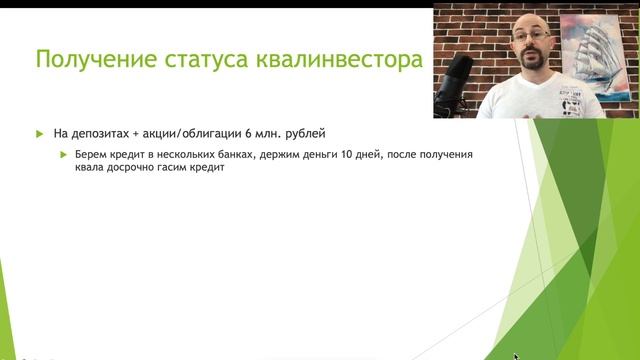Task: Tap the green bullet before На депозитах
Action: pyautogui.click(x=40, y=134)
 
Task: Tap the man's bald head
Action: pyautogui.click(x=529, y=20)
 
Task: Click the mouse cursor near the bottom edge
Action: pyautogui.click(x=516, y=355)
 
